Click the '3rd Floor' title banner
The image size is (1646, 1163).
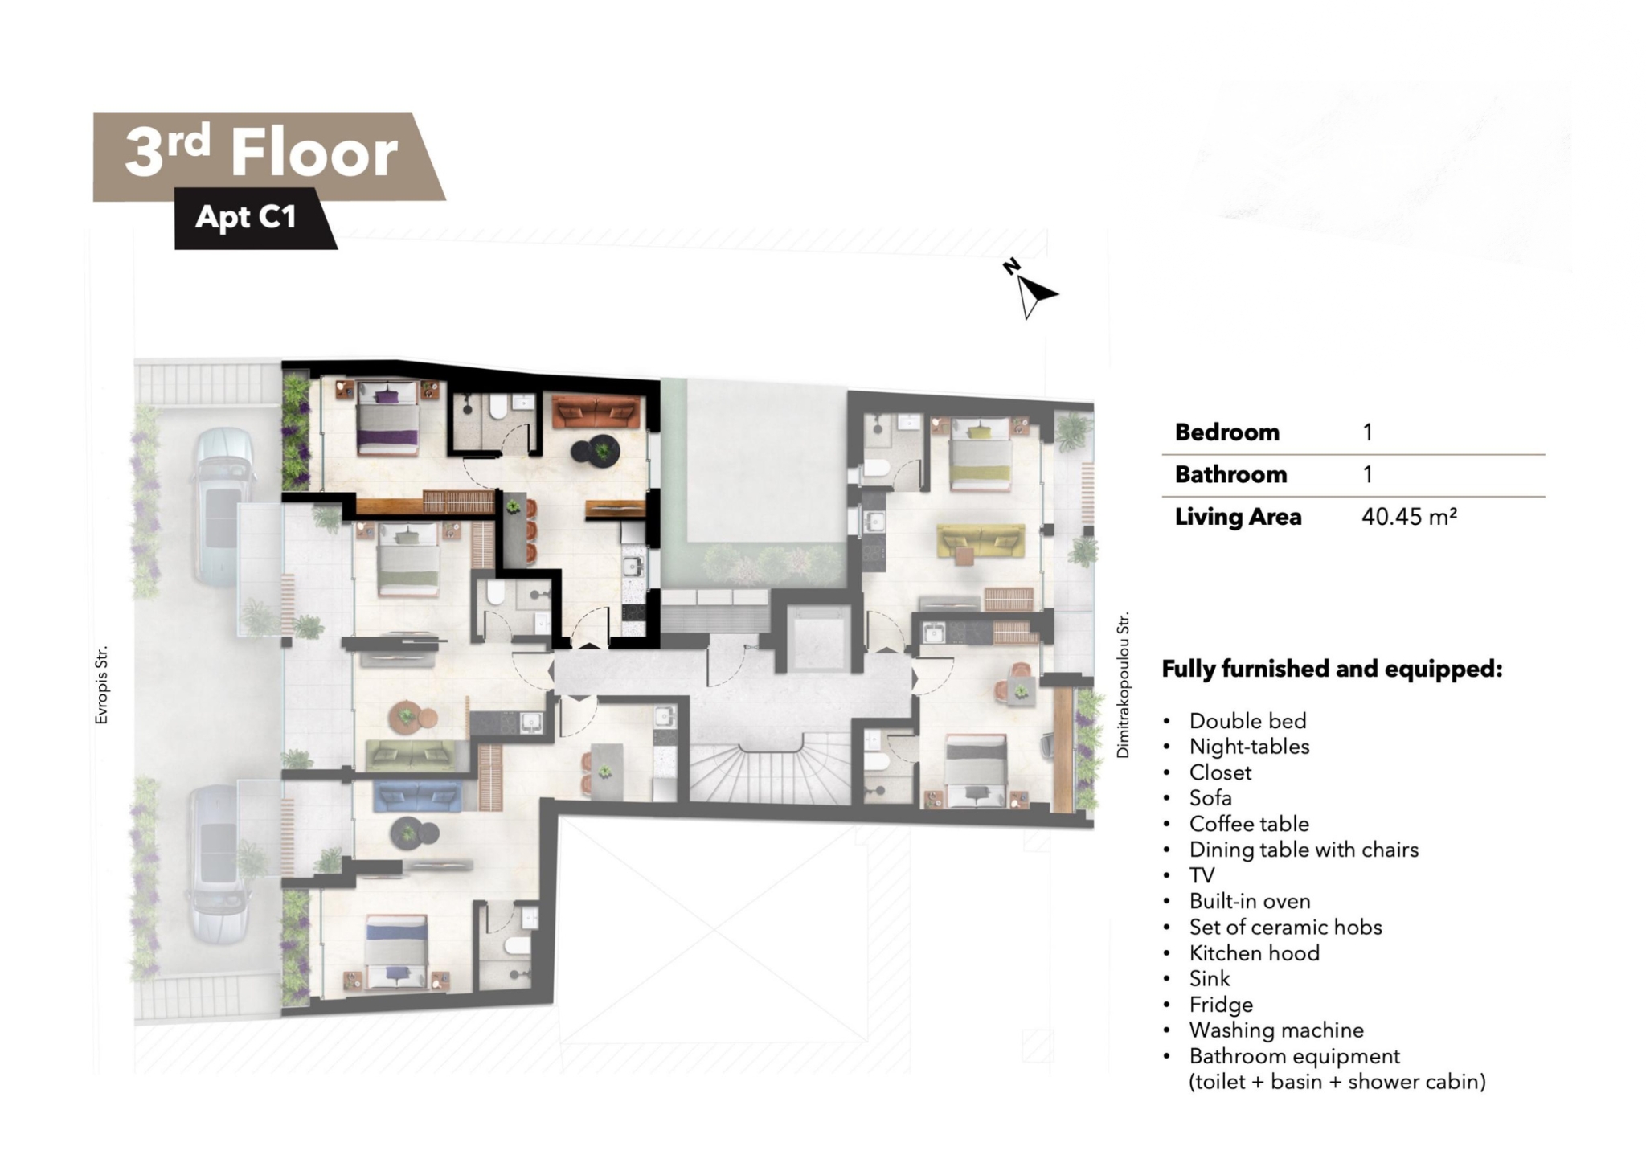click(x=269, y=155)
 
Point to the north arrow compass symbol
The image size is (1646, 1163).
click(x=1030, y=289)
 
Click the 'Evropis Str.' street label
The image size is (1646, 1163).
click(x=101, y=685)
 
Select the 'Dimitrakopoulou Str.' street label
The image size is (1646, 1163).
click(x=1123, y=684)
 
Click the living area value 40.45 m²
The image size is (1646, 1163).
click(x=1409, y=516)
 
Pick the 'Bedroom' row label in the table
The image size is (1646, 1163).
click(x=1226, y=432)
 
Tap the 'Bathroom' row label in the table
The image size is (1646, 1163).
click(x=1230, y=474)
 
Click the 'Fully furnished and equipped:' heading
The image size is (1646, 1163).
click(x=1332, y=669)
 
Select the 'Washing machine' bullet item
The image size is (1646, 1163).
click(x=1276, y=1030)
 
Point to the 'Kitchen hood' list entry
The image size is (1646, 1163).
click(x=1254, y=953)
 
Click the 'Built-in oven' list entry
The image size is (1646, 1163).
click(x=1250, y=901)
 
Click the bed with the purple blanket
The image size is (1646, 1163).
click(x=388, y=418)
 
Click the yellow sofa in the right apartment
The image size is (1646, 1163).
click(x=981, y=541)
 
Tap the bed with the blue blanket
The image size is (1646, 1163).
click(x=396, y=952)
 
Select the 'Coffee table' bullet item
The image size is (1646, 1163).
click(x=1249, y=824)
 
